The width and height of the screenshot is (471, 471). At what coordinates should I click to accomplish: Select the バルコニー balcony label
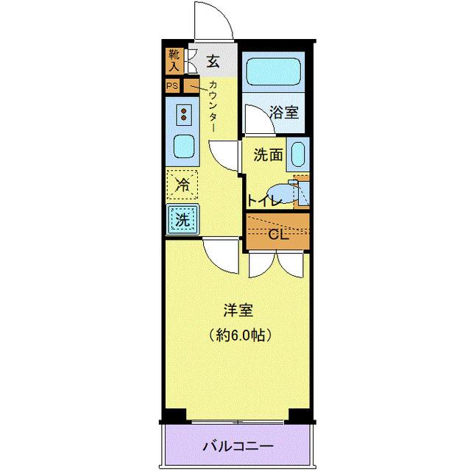click(238, 446)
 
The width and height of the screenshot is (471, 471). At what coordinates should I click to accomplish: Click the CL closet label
click(277, 235)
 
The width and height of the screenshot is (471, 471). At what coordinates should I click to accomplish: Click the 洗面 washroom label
click(269, 155)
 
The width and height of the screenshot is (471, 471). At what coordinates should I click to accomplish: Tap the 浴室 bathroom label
click(284, 113)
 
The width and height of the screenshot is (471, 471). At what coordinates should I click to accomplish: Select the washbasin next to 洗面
click(297, 155)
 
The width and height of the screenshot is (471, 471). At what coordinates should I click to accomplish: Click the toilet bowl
click(286, 192)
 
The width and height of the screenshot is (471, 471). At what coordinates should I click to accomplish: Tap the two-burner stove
click(183, 115)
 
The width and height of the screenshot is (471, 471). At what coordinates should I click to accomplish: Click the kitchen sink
click(184, 147)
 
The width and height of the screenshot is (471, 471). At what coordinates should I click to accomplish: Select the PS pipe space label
click(172, 86)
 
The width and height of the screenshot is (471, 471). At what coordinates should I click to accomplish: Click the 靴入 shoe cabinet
click(174, 60)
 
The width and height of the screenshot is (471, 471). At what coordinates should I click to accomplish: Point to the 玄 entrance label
click(213, 60)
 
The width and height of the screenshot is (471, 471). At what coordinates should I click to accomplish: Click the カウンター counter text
click(213, 105)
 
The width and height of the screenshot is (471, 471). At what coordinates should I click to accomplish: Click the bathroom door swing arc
click(259, 118)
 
